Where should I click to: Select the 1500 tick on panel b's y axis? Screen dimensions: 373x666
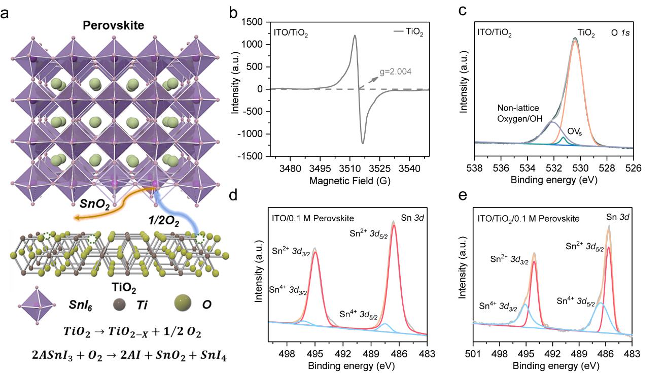pyautogui.click(x=258, y=22)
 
